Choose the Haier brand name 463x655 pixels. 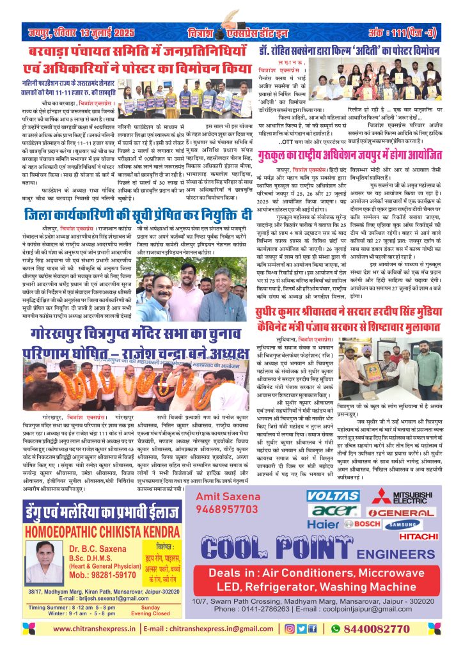pos(322,524)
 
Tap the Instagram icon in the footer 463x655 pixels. pos(290,629)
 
